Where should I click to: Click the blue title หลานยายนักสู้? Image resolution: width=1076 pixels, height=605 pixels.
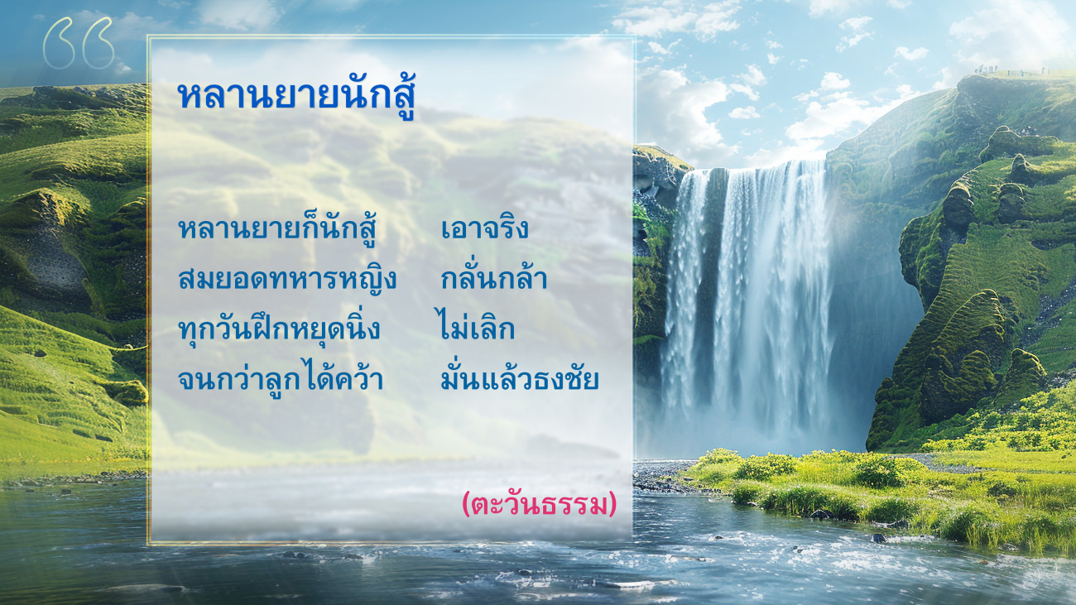[x=296, y=96]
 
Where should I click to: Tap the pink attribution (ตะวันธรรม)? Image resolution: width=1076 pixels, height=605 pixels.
[x=539, y=504]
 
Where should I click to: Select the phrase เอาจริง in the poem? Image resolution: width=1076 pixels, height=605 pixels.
[x=485, y=228]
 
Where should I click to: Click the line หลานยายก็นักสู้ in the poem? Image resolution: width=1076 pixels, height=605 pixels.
[x=276, y=228]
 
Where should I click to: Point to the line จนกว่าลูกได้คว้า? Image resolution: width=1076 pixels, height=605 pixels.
[x=281, y=378]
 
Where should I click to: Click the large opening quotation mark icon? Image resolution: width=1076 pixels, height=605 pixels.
[x=79, y=43]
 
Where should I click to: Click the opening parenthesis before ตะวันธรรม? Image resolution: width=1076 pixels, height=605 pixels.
[x=466, y=504]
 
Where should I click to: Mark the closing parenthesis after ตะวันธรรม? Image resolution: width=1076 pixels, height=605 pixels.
[x=612, y=504]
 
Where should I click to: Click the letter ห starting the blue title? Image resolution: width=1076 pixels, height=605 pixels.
[x=190, y=97]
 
